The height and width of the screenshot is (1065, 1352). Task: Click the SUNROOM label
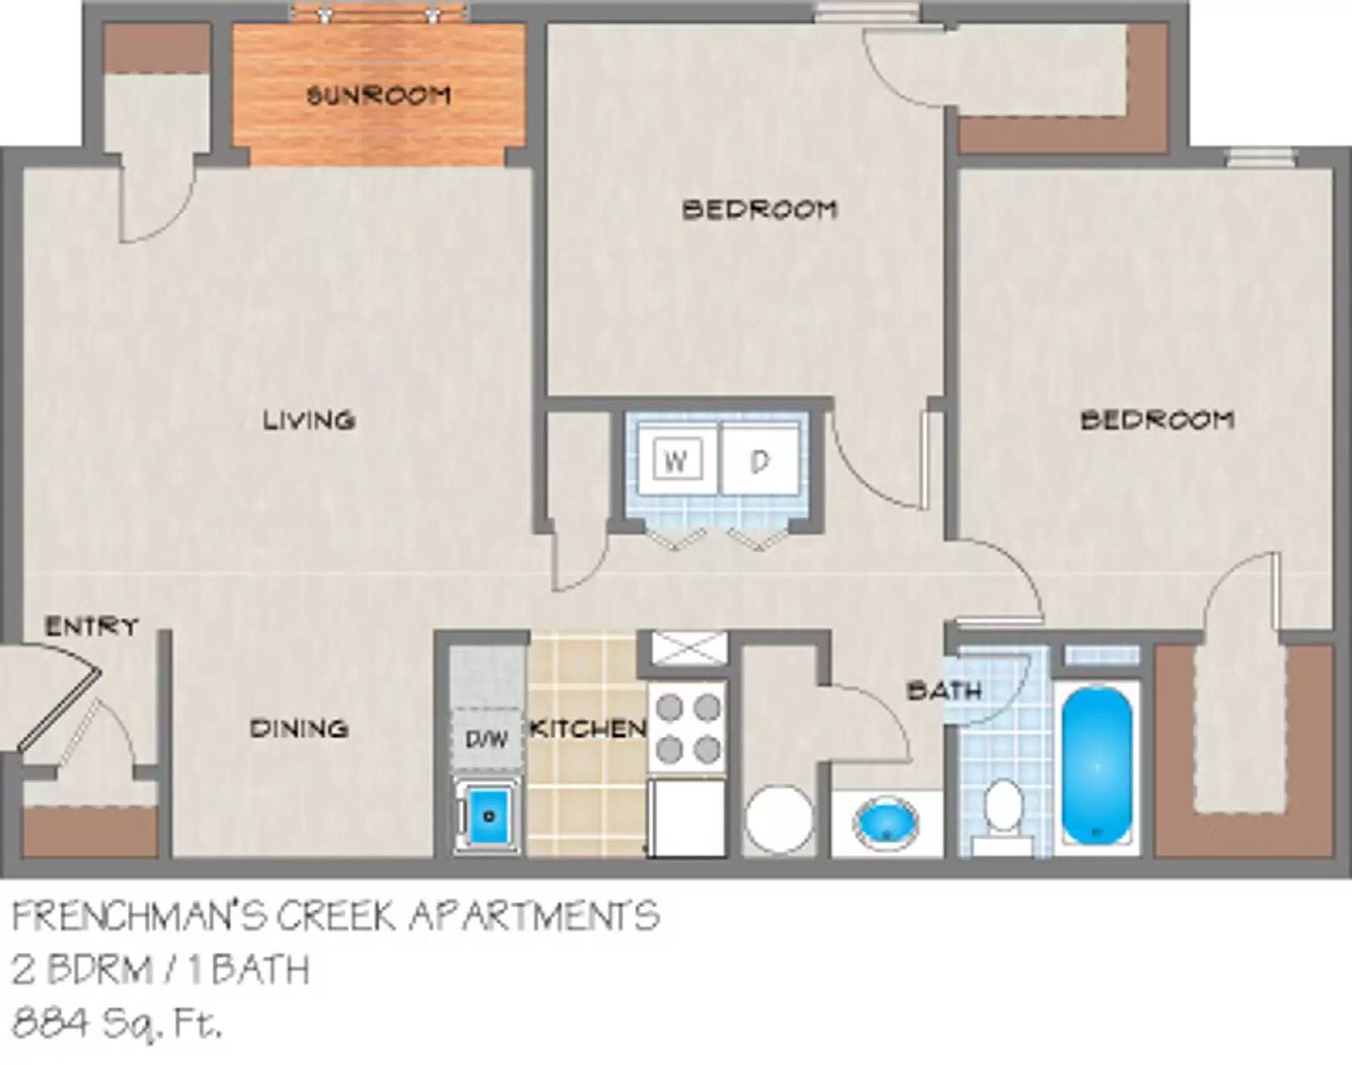pos(378,95)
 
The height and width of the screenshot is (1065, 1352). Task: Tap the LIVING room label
pos(308,419)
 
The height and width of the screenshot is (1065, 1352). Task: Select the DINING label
pos(299,728)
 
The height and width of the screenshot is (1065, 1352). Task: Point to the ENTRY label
pos(91,626)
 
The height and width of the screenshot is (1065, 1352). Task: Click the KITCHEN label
pos(587,728)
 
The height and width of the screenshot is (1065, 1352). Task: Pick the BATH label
pos(944,691)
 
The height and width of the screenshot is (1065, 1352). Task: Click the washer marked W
pos(676,461)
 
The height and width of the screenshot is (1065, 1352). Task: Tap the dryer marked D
pos(760,461)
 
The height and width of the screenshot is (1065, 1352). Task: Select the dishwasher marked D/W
pos(486,740)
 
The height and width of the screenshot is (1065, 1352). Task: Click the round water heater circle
pos(778,821)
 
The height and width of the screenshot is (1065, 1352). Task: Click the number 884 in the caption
pos(50,1024)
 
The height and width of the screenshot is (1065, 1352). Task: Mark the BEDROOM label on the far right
pos(1157,419)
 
